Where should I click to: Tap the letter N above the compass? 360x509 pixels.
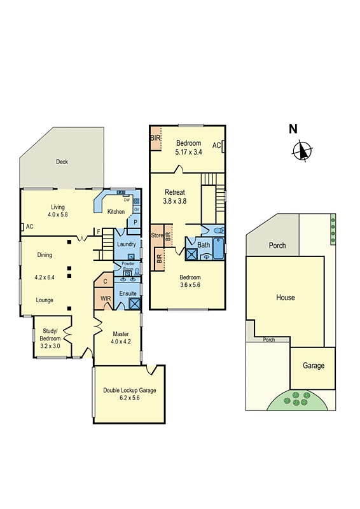click(x=293, y=129)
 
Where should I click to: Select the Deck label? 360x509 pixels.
click(x=62, y=162)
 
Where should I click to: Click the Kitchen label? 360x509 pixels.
click(x=116, y=212)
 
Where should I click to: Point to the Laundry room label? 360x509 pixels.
click(x=127, y=244)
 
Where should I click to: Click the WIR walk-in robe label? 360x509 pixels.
click(x=106, y=297)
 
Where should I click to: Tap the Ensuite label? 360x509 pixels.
click(x=127, y=293)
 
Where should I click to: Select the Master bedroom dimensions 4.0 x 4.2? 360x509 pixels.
click(x=121, y=342)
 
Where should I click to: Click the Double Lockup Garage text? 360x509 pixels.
click(x=130, y=391)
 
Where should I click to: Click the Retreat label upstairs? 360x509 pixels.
click(x=175, y=192)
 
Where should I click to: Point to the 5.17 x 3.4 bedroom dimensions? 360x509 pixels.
click(x=189, y=151)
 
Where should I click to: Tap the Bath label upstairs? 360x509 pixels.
click(x=204, y=244)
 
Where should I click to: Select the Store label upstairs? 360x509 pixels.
click(x=157, y=235)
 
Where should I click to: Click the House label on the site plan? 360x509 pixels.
click(x=286, y=297)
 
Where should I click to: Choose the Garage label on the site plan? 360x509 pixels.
click(x=314, y=365)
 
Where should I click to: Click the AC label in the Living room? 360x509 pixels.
click(x=29, y=227)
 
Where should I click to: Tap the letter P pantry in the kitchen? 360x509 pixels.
click(x=135, y=222)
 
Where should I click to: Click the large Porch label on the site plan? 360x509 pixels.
click(x=277, y=246)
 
